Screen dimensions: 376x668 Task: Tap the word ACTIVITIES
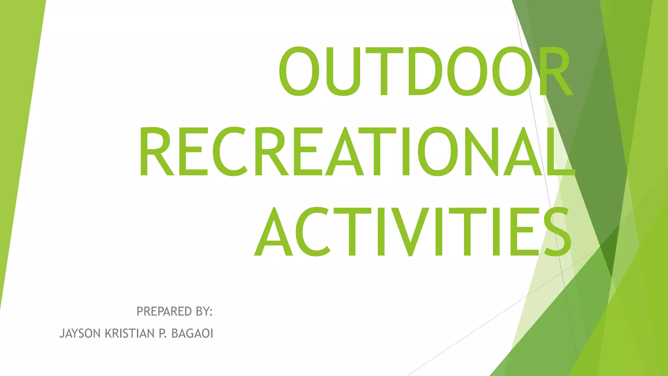coord(413,232)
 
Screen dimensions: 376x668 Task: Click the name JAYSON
coord(80,334)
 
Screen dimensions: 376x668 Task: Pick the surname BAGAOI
coord(192,334)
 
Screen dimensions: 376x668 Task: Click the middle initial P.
coord(162,334)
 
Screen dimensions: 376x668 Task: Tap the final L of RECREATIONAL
coord(560,151)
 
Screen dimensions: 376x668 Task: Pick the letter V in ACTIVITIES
coord(411,232)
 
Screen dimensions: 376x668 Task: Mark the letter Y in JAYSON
coord(75,334)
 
